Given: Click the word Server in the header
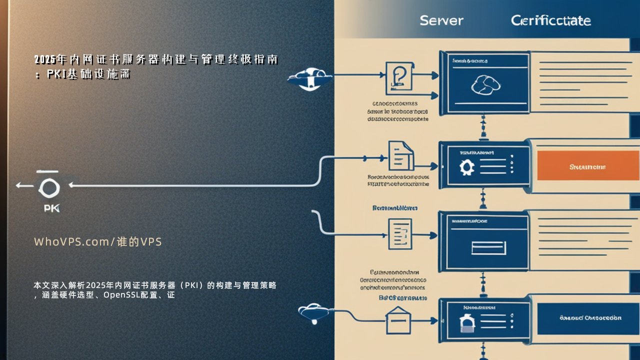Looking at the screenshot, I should click(441, 20).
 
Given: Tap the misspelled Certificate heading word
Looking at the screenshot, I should click(550, 20).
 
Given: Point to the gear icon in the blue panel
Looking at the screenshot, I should click(466, 166).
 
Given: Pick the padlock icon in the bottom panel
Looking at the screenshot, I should click(466, 322).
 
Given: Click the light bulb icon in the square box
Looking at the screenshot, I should click(399, 77).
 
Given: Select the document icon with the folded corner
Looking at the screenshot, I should click(401, 155).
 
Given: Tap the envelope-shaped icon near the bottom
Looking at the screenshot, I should click(398, 320).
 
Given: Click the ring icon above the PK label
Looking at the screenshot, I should click(49, 188).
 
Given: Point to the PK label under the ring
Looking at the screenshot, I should click(51, 208).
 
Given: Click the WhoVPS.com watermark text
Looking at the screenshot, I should click(98, 242).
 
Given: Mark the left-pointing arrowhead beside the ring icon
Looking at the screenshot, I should click(19, 185).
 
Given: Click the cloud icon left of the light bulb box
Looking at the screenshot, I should click(310, 78).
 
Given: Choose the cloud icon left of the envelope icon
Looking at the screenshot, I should click(313, 312).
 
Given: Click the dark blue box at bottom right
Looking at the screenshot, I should click(590, 317).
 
